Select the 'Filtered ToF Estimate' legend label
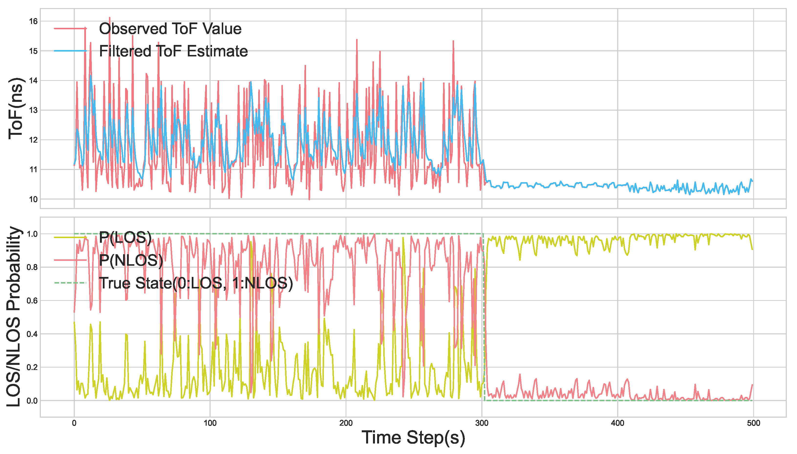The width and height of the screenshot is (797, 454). click(x=173, y=51)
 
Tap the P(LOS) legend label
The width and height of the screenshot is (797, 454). click(x=125, y=238)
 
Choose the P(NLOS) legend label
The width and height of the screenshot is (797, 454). click(x=131, y=260)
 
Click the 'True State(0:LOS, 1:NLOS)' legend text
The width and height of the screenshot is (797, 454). click(x=196, y=283)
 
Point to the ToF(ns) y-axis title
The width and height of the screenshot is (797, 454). click(x=16, y=108)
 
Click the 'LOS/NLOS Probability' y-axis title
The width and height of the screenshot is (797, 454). click(x=14, y=317)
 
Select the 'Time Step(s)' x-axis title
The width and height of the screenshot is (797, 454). click(x=413, y=437)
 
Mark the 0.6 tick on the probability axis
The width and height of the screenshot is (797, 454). click(x=32, y=301)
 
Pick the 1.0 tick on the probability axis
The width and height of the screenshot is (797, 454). click(x=32, y=234)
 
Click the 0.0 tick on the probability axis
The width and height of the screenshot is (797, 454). click(x=32, y=401)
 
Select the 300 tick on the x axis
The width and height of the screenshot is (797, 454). click(x=482, y=423)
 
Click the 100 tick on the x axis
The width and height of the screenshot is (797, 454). click(x=210, y=423)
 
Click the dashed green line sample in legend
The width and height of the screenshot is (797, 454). click(x=70, y=283)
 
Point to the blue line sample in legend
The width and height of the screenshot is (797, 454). click(x=70, y=51)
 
